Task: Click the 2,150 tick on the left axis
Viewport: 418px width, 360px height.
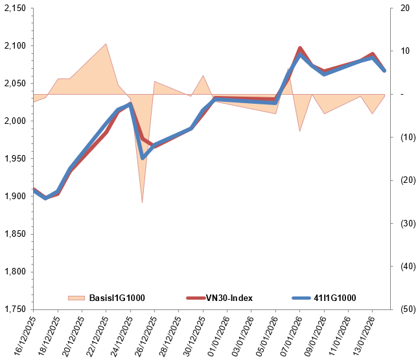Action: pos(14,8)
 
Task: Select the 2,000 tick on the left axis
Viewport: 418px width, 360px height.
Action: pos(14,121)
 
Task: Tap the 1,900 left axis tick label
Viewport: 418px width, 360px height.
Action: pos(14,196)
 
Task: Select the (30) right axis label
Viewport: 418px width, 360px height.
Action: pos(406,223)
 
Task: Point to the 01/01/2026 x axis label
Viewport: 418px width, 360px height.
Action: pos(216,335)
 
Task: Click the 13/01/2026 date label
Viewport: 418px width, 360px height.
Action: pos(362,335)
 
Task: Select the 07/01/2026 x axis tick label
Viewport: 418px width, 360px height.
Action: pos(289,335)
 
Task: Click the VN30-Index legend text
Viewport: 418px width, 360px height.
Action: pos(229,298)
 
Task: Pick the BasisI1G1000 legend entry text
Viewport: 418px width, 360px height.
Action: pos(117,298)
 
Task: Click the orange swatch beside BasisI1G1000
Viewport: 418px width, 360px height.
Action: pos(76,298)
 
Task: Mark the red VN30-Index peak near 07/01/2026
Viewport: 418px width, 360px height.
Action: pos(300,48)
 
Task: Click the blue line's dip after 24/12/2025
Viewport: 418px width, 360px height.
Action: pos(143,157)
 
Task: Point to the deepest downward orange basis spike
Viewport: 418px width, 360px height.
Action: pos(142,202)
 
